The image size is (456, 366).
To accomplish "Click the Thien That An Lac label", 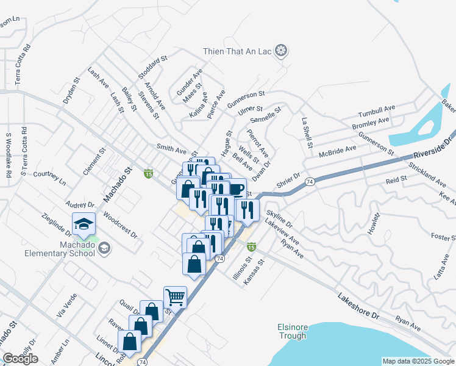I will (x=241, y=50).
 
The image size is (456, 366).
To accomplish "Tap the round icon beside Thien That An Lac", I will (x=281, y=50).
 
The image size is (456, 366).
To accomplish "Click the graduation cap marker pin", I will (x=84, y=224).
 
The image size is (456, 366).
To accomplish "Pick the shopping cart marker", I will (x=175, y=297).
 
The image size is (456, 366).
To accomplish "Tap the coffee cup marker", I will (x=235, y=188).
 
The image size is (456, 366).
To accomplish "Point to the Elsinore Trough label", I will (x=293, y=331).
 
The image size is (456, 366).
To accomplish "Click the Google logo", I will (x=20, y=359).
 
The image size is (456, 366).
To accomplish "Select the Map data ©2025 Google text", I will (x=418, y=361).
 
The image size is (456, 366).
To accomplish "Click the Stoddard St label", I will (x=152, y=67).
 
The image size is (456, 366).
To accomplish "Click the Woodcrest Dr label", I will (x=120, y=224).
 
